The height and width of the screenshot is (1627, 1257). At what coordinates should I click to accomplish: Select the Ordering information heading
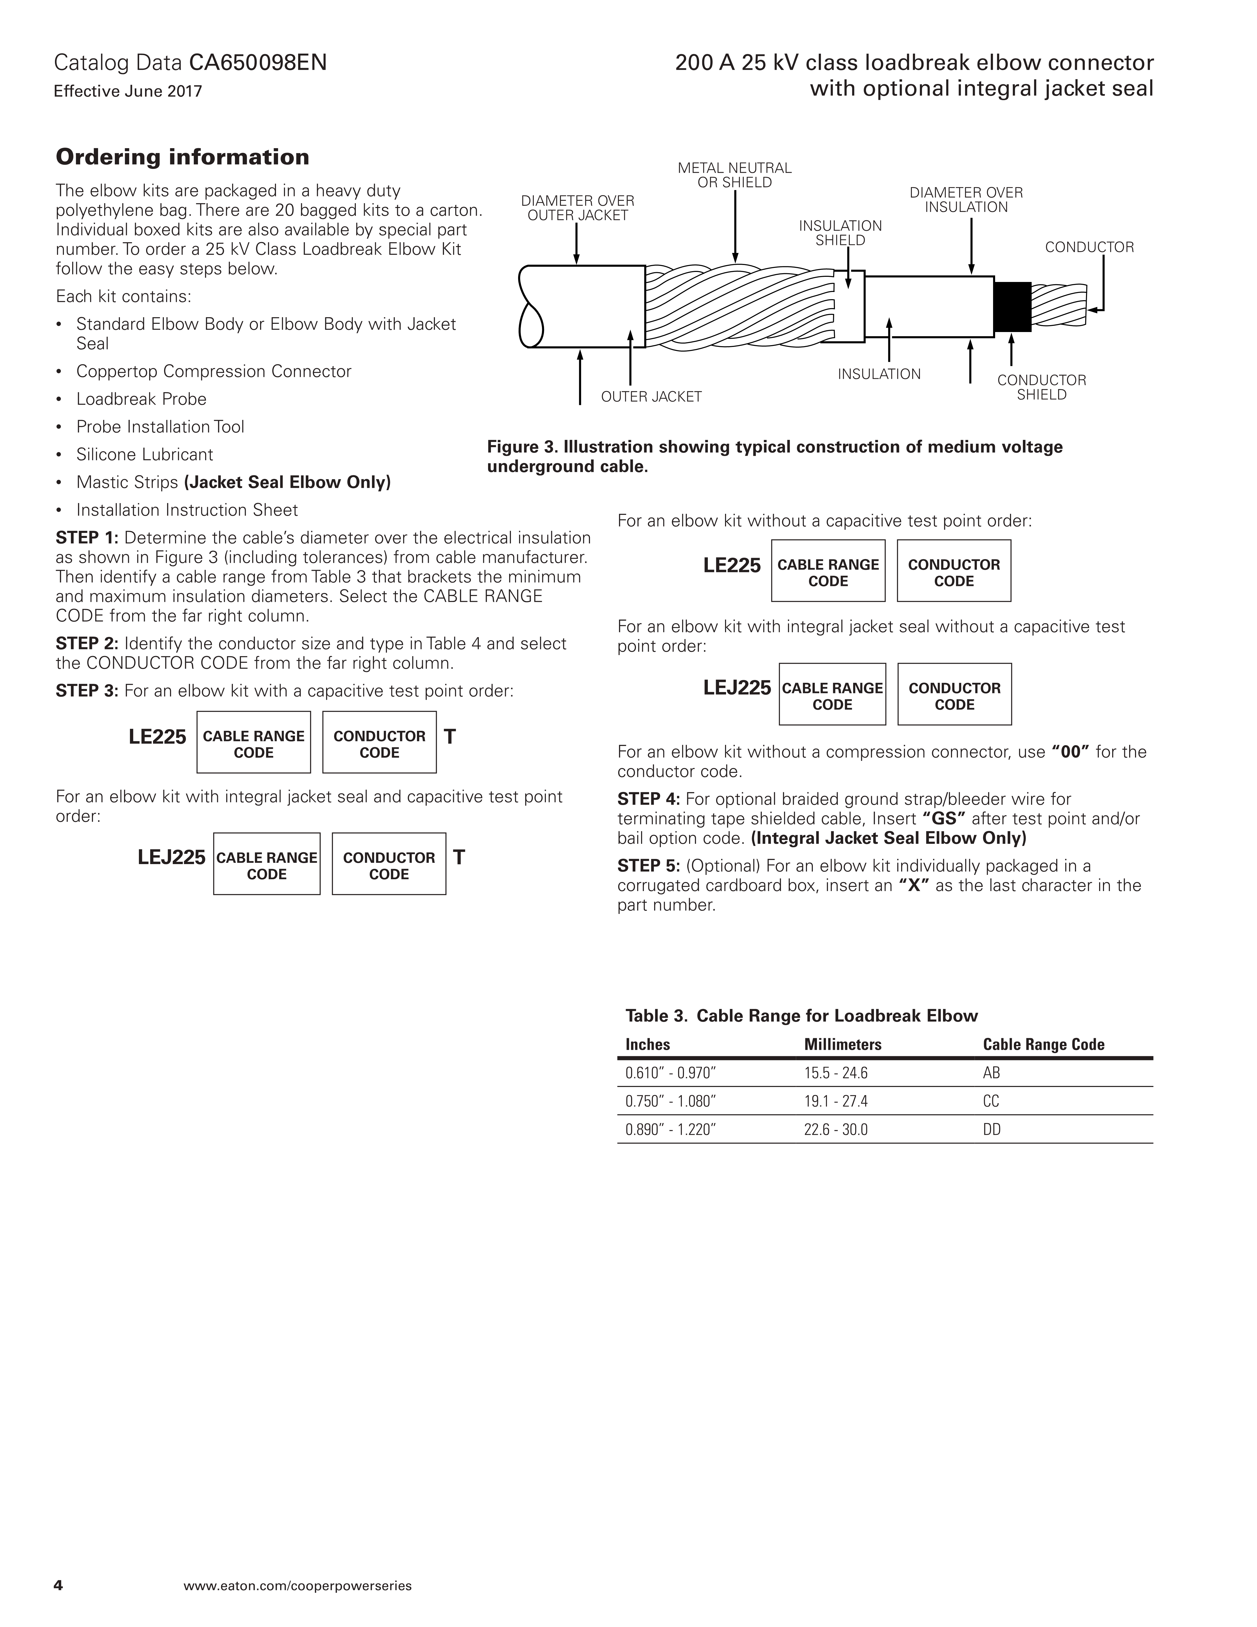coord(183,157)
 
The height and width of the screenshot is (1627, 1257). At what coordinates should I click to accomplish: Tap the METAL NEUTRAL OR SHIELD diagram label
coord(734,175)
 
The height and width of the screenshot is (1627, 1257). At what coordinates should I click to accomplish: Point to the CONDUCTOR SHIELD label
coord(1041,387)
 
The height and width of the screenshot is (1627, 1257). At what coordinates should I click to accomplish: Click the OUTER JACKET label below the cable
coord(651,397)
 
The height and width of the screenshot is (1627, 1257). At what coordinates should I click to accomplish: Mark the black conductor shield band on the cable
coord(1012,307)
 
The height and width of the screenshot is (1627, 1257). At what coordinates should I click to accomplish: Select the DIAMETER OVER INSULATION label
coord(966,200)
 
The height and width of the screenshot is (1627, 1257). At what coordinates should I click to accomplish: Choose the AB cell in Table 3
coord(991,1073)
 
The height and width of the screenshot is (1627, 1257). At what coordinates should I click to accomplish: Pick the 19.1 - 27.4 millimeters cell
coord(835,1102)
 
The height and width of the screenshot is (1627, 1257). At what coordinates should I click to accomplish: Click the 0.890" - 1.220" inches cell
coord(670,1130)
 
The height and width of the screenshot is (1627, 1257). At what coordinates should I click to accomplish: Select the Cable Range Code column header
coord(1043,1045)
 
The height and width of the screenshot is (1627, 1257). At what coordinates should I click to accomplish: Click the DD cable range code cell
coord(992,1130)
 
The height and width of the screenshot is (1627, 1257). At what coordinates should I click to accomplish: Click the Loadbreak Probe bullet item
coord(141,399)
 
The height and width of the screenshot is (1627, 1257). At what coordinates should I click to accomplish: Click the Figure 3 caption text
coord(774,457)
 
